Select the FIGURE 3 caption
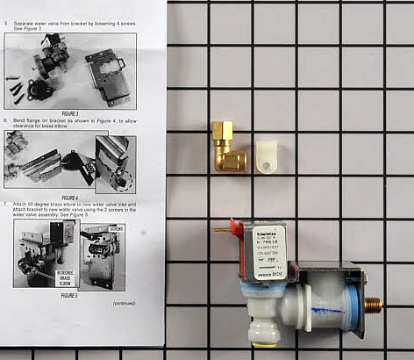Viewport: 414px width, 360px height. (x=69, y=114)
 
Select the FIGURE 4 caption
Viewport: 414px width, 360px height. (x=69, y=197)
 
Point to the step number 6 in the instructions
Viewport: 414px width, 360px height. (x=7, y=119)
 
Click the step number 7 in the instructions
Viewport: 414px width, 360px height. (x=7, y=203)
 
